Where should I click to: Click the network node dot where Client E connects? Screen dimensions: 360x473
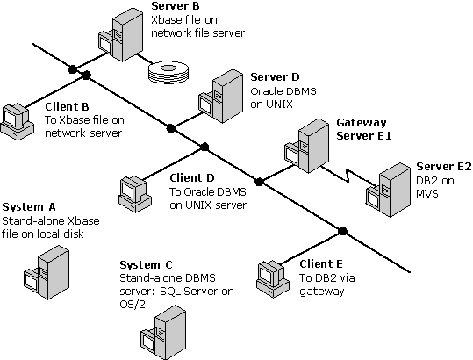pos(343,231)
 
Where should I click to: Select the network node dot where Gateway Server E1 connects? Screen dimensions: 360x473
pos(259,182)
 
